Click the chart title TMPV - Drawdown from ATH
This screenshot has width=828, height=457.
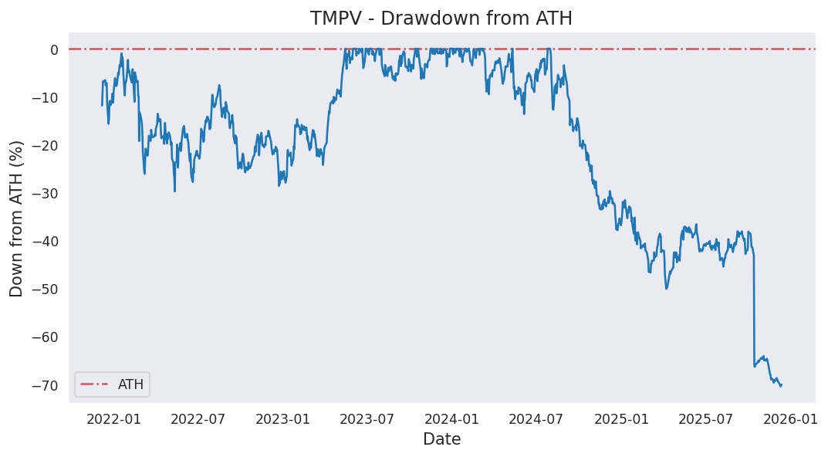tap(441, 19)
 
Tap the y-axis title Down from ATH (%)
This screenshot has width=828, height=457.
tap(17, 218)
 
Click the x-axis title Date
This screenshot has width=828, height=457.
tap(441, 440)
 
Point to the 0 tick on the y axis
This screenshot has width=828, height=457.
tap(54, 50)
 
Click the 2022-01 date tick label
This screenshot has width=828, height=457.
tap(113, 419)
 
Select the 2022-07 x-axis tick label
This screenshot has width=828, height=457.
tap(197, 419)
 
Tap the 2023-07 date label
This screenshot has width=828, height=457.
tap(367, 419)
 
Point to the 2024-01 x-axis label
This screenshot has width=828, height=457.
tap(451, 419)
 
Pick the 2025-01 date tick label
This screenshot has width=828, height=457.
tap(621, 419)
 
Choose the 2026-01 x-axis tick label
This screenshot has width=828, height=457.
tap(790, 419)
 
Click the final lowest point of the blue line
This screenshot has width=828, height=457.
tap(780, 385)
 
